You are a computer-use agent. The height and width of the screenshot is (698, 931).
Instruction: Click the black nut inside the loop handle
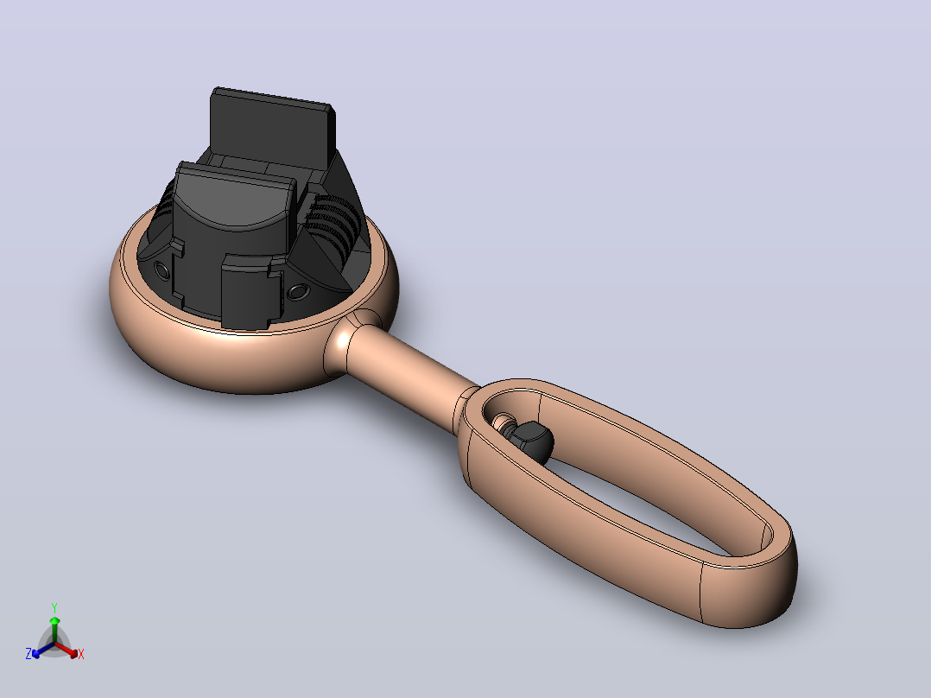[x=530, y=441]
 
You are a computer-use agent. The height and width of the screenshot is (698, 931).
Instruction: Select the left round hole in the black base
[x=161, y=270]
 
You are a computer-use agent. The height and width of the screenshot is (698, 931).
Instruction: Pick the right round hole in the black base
[x=297, y=292]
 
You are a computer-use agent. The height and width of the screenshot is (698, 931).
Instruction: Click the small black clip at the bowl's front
[x=250, y=291]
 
